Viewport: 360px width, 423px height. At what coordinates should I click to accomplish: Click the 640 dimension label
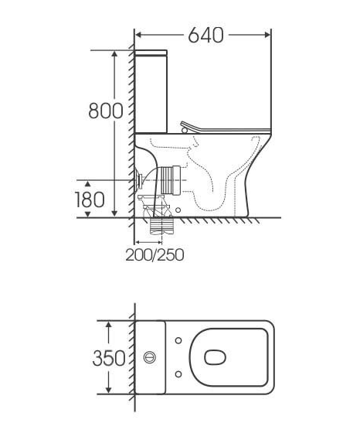(x=205, y=35)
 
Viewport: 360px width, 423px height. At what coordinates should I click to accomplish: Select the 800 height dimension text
(x=106, y=111)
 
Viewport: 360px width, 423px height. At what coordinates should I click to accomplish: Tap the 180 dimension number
(x=89, y=200)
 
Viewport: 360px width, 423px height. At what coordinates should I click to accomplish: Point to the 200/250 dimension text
(x=155, y=254)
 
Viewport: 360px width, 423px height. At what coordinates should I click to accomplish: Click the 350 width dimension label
(x=109, y=358)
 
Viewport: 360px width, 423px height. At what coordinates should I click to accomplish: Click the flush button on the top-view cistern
(x=150, y=357)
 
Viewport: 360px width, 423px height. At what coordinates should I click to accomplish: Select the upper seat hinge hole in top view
(x=178, y=340)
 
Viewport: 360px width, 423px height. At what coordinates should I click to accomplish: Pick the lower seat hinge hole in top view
(x=178, y=374)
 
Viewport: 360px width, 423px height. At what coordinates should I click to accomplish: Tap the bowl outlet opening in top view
(x=215, y=357)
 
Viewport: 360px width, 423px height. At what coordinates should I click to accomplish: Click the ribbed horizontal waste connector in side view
(x=171, y=180)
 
